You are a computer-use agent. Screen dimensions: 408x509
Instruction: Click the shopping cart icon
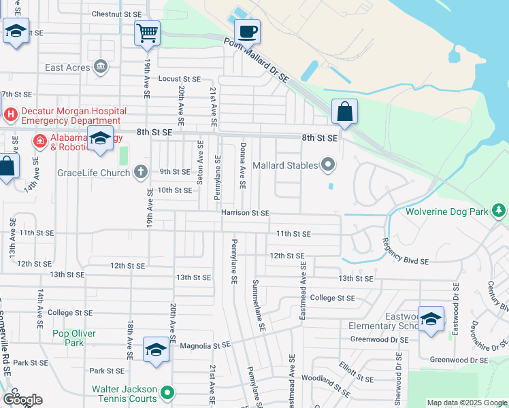pyautogui.click(x=148, y=33)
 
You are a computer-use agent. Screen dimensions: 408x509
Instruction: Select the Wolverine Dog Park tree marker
pyautogui.click(x=500, y=210)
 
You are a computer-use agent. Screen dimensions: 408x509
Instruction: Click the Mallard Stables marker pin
pyautogui.click(x=329, y=165)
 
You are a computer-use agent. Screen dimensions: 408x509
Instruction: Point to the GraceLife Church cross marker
pyautogui.click(x=141, y=171)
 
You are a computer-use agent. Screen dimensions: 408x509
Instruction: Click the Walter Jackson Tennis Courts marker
pyautogui.click(x=167, y=392)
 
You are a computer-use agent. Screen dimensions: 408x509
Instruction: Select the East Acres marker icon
pyautogui.click(x=101, y=67)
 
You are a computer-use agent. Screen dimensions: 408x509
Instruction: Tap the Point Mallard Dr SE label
pyautogui.click(x=257, y=60)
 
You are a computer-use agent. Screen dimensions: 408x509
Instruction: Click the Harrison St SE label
pyautogui.click(x=246, y=213)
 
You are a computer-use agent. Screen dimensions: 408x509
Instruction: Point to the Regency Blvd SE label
pyautogui.click(x=405, y=251)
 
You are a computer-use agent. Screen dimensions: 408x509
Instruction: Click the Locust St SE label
pyautogui.click(x=180, y=79)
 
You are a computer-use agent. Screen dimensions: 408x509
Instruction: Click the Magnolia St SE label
pyautogui.click(x=206, y=346)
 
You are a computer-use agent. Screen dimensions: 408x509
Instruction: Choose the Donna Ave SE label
pyautogui.click(x=242, y=165)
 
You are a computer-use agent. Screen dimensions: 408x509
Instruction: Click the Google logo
pyautogui.click(x=22, y=400)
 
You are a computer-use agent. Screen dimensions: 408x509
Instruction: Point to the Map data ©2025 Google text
pyautogui.click(x=467, y=403)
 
